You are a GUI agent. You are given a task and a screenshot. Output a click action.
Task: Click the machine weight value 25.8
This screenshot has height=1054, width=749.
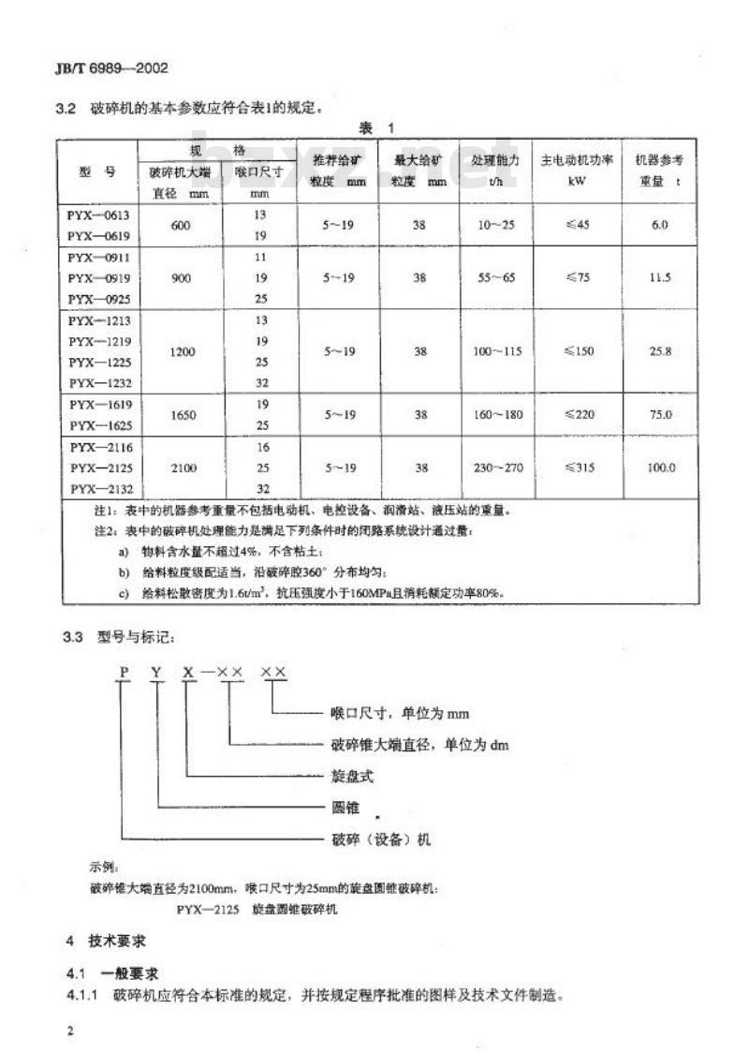[660, 349]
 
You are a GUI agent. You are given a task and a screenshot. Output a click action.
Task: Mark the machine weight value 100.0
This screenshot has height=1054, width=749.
[660, 468]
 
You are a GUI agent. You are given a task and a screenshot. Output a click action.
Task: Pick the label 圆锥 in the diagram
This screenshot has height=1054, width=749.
[345, 805]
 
